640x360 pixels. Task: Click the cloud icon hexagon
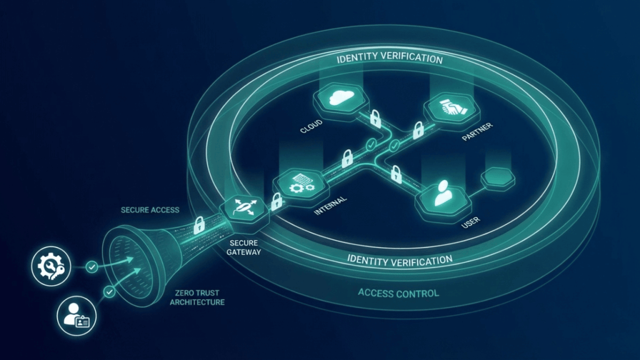[x=341, y=98]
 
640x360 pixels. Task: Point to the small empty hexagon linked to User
[x=497, y=177]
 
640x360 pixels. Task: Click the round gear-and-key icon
[x=49, y=267]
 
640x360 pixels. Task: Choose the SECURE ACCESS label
[x=150, y=210]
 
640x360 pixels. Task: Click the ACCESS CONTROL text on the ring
[x=398, y=293]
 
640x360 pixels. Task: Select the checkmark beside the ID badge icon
[x=110, y=291]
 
